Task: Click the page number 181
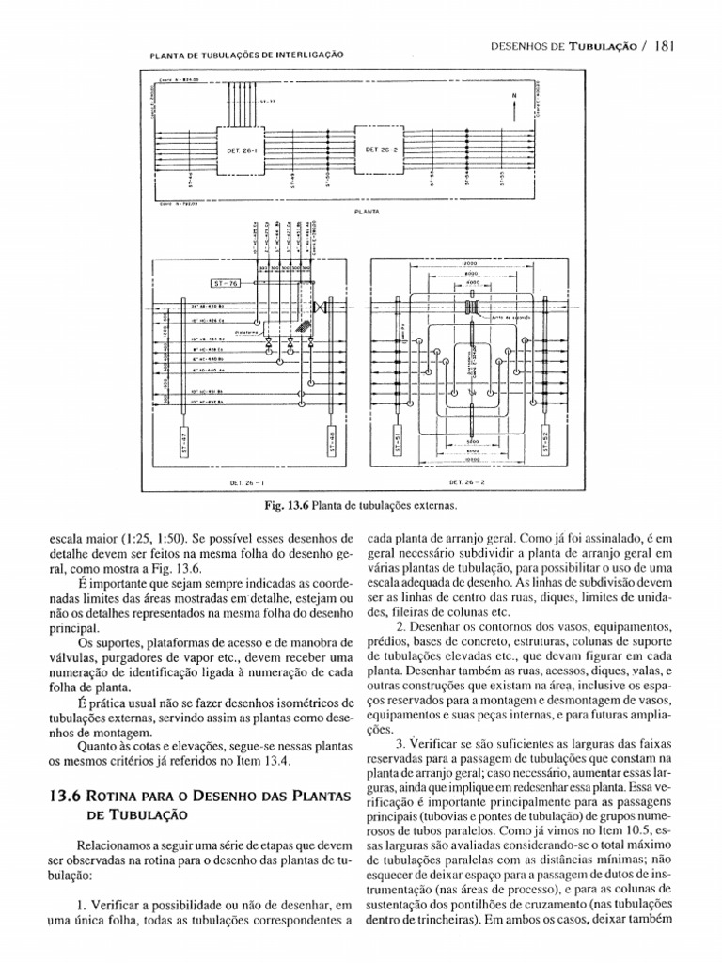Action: coord(656,44)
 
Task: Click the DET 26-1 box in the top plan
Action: coord(243,149)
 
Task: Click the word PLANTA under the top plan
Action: coord(367,213)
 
